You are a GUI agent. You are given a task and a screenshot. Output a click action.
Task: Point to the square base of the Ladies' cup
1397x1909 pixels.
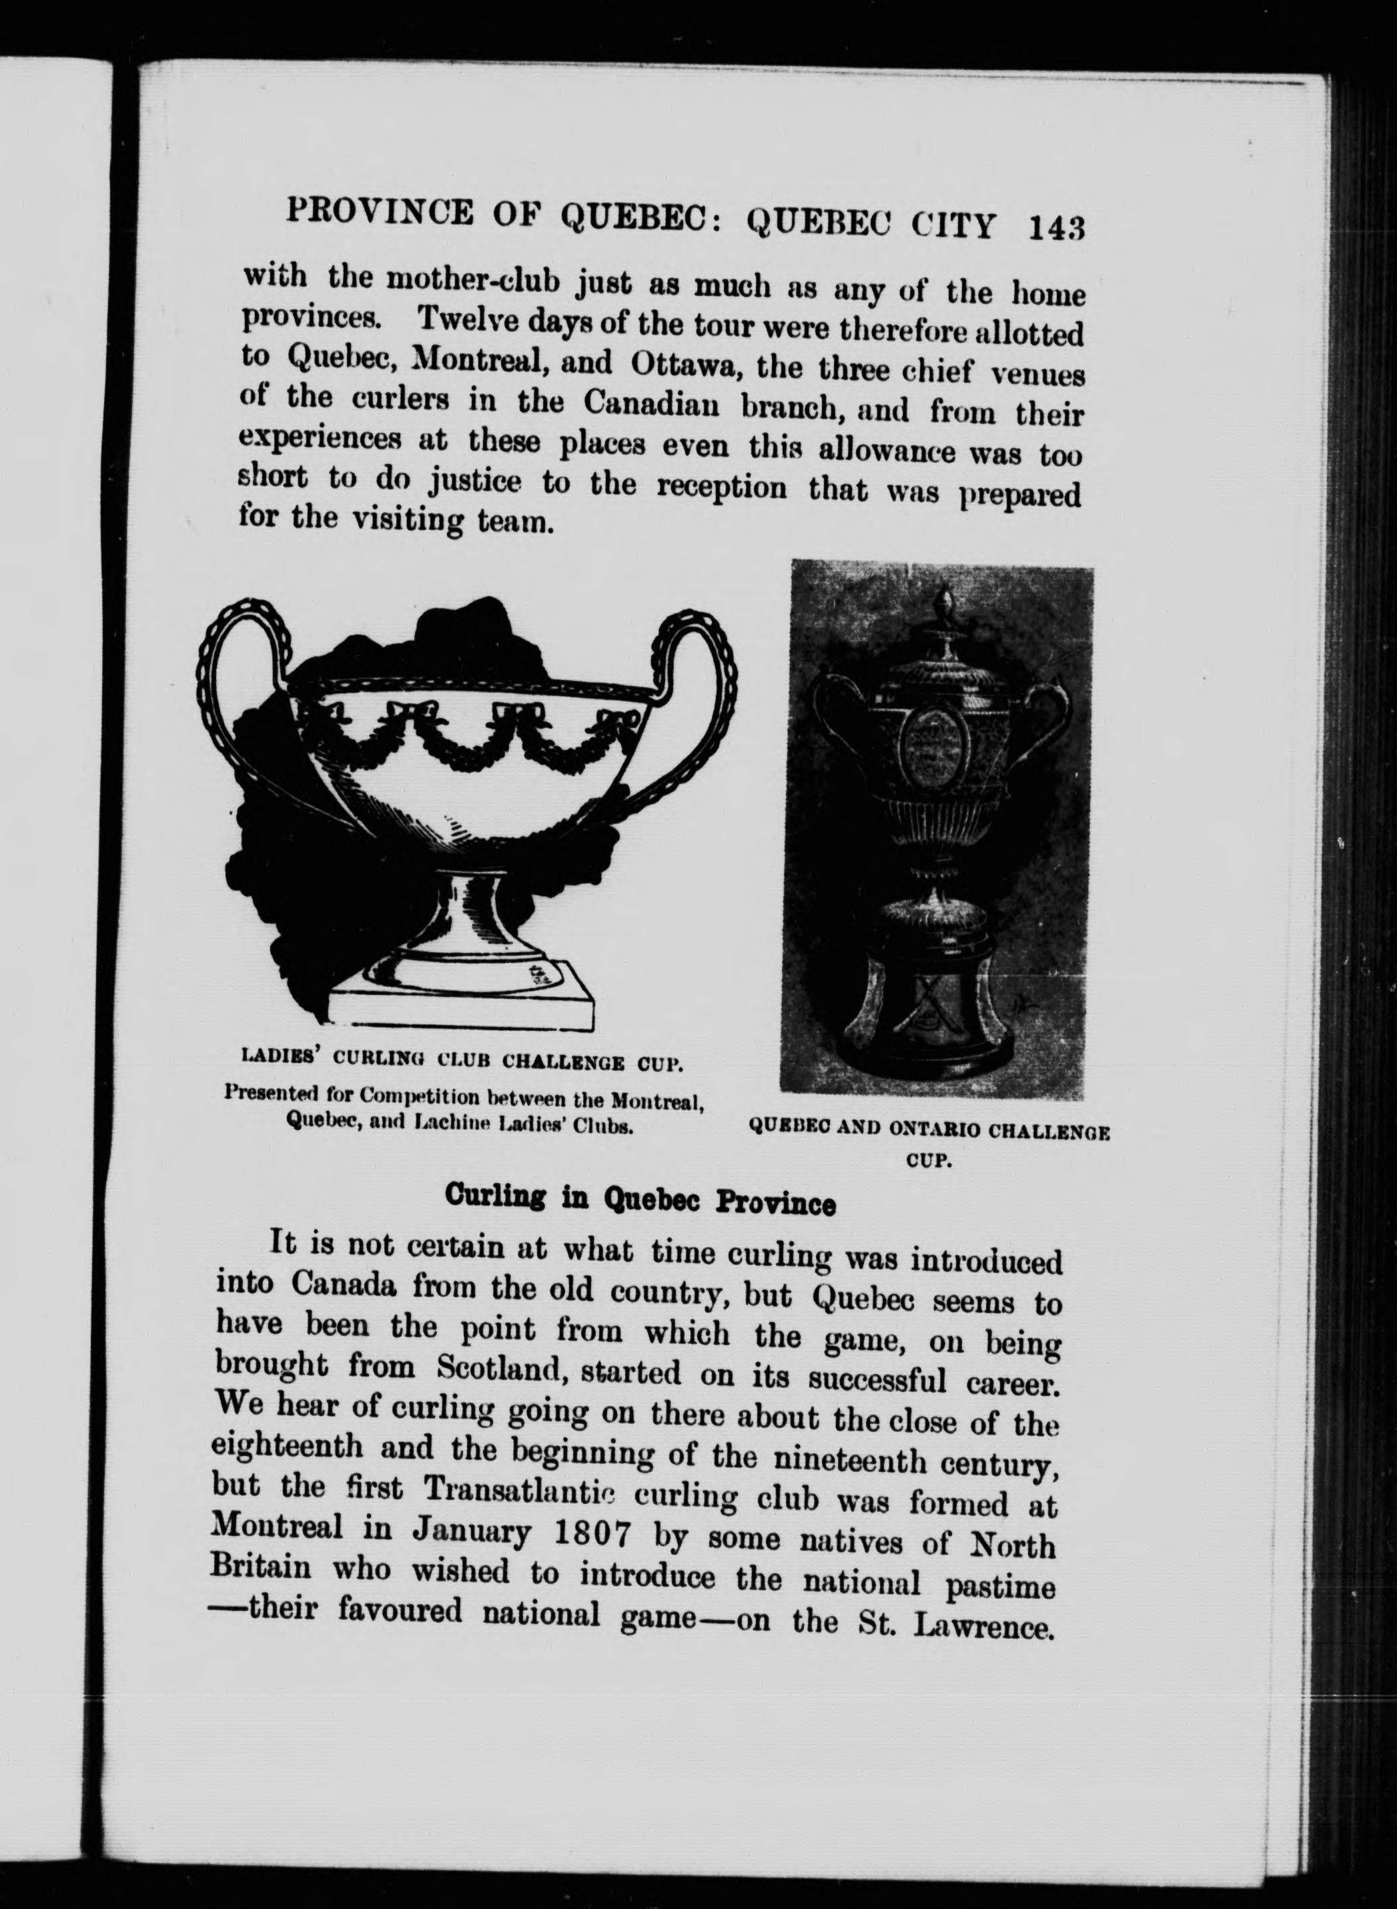pos(461,1006)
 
